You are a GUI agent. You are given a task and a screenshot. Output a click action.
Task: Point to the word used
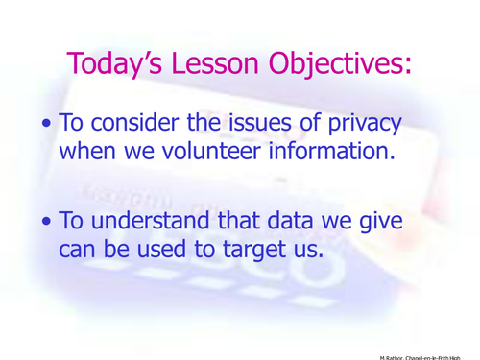[186, 250]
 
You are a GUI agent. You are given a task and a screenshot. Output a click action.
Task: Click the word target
[272, 250]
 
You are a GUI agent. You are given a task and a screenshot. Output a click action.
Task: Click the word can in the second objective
[80, 250]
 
